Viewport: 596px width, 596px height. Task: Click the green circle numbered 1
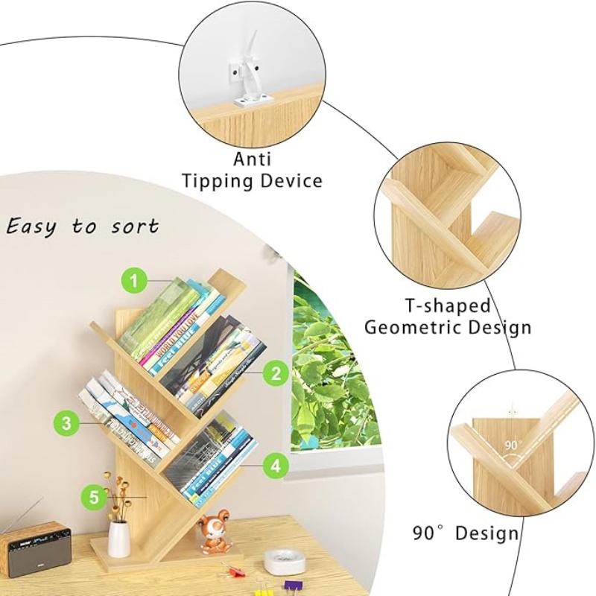pos(133,281)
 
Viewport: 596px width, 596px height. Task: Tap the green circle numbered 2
pos(276,372)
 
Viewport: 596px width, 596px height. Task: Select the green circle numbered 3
pos(66,425)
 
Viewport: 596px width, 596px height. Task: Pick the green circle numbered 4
pos(276,466)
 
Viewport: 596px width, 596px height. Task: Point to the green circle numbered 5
pos(93,496)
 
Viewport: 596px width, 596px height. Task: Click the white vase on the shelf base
pos(118,539)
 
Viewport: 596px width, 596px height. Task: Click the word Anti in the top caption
pos(253,159)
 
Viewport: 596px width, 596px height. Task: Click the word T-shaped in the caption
pos(448,305)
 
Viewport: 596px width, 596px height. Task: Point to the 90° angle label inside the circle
pos(512,446)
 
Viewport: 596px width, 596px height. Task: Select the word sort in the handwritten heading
pos(136,226)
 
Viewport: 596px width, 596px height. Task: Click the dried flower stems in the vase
pos(117,495)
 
